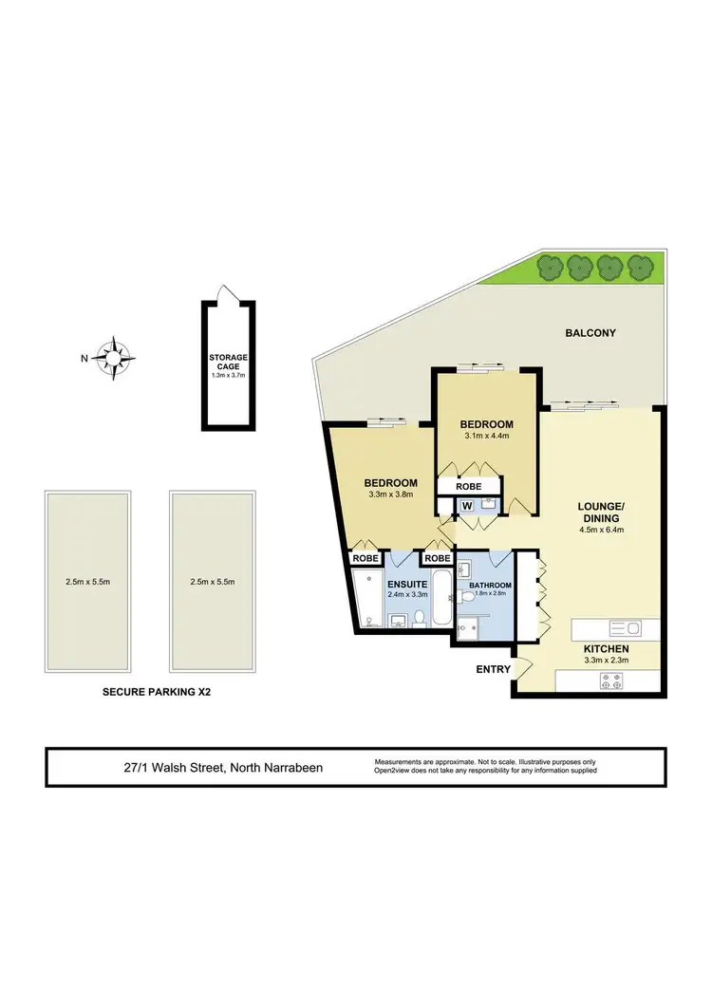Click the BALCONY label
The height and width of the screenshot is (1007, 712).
pos(590,333)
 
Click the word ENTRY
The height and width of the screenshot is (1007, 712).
pos(494,670)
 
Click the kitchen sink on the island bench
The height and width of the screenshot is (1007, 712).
pos(626,627)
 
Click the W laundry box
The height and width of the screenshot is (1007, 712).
pos(467,505)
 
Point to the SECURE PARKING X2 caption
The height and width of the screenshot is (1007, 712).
pos(156,693)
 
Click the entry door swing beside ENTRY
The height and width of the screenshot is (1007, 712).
pos(519,666)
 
